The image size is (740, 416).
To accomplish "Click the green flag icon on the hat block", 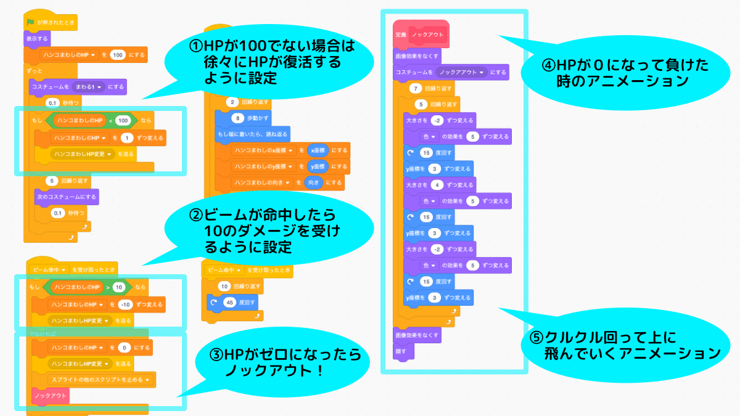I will click(x=30, y=22).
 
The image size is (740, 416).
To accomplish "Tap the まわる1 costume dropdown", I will click(x=88, y=86).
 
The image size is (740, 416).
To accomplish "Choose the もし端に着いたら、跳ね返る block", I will click(x=252, y=134).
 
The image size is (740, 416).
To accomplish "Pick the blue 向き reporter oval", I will click(x=313, y=183).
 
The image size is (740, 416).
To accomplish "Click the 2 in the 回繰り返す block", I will click(x=231, y=102).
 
